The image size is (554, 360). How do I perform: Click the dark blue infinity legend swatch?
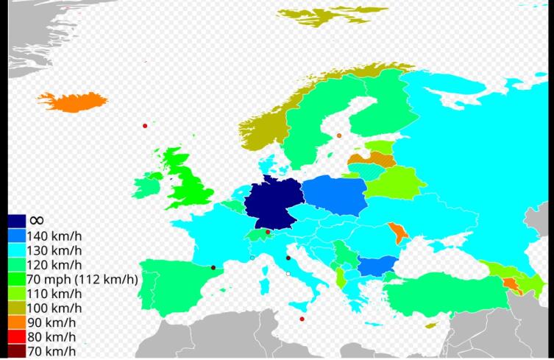point(17,221)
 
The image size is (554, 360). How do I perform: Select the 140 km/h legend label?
point(53,236)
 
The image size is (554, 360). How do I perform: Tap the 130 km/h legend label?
point(53,250)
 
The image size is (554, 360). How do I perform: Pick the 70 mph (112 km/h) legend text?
point(82,279)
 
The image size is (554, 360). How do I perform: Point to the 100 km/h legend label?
point(53,308)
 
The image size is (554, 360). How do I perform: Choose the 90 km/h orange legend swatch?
point(17,322)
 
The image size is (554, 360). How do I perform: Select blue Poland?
point(334,195)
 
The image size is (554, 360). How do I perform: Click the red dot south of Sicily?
point(302,319)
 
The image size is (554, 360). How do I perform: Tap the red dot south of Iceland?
point(145,126)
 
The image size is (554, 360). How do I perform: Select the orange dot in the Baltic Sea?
point(339,135)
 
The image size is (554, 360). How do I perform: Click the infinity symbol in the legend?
point(36,220)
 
